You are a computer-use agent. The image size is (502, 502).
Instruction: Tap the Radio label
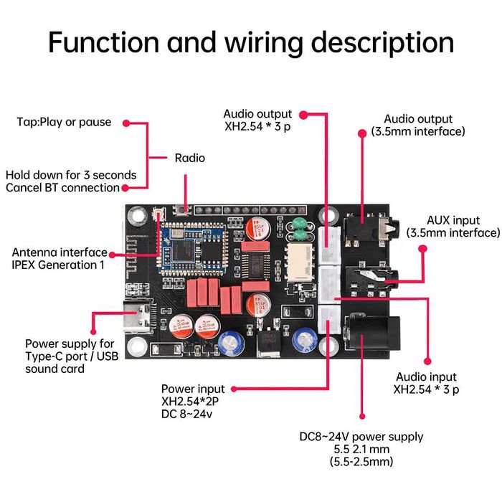(x=189, y=158)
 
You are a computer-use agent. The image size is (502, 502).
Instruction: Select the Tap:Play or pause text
(x=64, y=122)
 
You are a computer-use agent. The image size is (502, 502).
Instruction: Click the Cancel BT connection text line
(x=62, y=188)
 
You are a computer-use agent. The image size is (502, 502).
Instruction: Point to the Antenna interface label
(x=60, y=252)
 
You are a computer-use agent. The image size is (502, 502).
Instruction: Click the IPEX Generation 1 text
(x=58, y=265)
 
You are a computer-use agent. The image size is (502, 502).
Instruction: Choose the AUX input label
(x=453, y=220)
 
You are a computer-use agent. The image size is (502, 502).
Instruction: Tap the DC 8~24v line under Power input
(x=187, y=414)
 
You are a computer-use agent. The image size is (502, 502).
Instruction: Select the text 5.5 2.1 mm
(x=361, y=449)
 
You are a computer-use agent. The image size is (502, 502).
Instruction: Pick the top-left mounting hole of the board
(x=135, y=215)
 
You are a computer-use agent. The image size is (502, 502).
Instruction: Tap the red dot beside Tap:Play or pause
(x=126, y=123)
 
